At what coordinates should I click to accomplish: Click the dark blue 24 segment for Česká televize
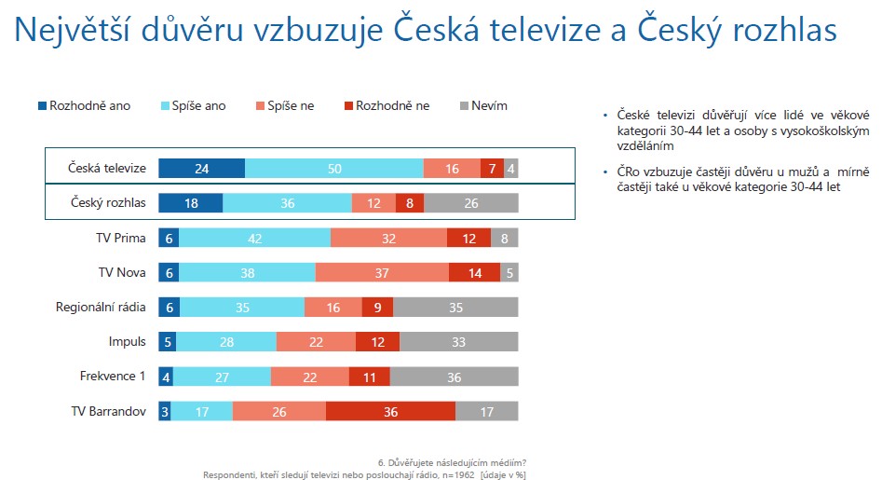[201, 169]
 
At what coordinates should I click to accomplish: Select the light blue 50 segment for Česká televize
[334, 169]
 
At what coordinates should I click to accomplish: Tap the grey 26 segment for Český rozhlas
[471, 203]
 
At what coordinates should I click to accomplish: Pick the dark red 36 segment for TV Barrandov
[390, 411]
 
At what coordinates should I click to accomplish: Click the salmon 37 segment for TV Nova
[382, 273]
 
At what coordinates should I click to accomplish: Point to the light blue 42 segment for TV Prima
[255, 238]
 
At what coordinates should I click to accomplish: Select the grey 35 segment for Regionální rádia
[455, 308]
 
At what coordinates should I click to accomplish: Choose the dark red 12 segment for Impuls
[377, 341]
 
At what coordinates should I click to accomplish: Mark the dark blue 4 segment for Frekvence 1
[166, 377]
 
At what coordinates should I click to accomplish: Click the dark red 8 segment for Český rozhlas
[410, 203]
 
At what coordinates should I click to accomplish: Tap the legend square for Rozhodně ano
[42, 106]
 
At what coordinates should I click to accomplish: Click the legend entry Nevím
[483, 106]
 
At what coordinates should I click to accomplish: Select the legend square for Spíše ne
[260, 106]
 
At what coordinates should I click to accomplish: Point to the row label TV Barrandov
[109, 411]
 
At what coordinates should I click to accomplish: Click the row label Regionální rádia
[101, 308]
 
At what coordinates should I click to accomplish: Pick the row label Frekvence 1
[113, 376]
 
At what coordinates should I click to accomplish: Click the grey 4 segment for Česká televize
[510, 169]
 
